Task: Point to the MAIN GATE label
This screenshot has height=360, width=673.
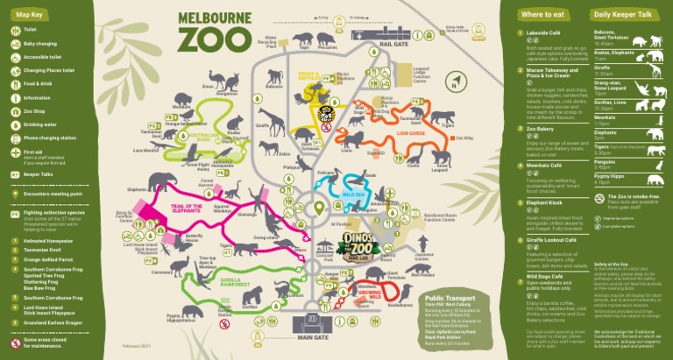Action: click(311, 337)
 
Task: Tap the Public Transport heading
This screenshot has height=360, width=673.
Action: click(451, 297)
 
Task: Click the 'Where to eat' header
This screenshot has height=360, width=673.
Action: click(542, 15)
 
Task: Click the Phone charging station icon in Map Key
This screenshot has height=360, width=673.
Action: click(15, 138)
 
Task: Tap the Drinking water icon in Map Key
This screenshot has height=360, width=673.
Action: click(15, 124)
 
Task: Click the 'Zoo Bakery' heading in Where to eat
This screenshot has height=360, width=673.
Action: click(540, 129)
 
